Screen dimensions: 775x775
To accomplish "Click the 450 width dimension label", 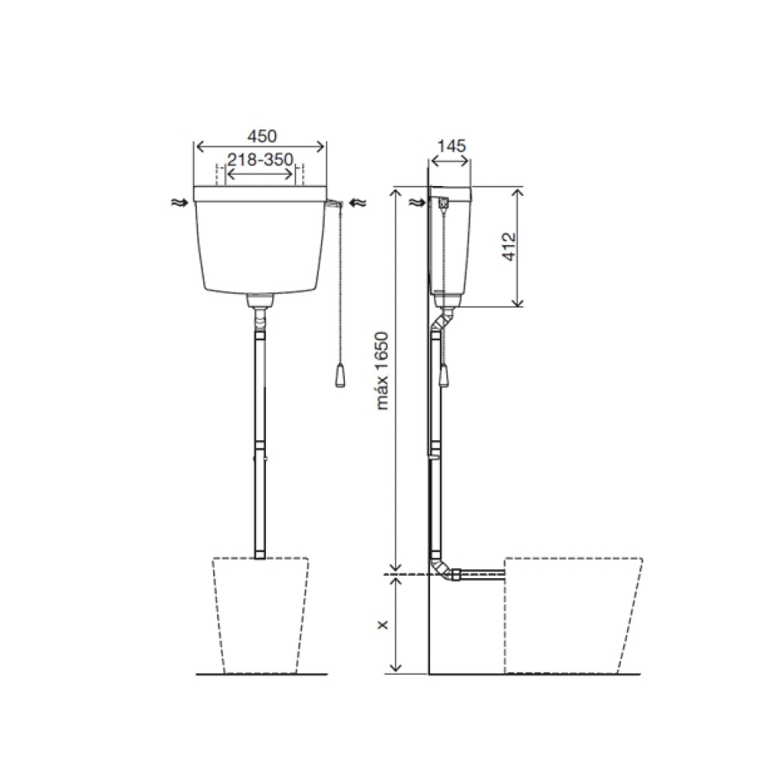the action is coord(262,136).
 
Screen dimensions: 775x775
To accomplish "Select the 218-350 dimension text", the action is coord(260,159).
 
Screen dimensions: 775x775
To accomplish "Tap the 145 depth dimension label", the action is coord(451,146).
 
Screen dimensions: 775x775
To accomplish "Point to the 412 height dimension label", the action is coord(508,246).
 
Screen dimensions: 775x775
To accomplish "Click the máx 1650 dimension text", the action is coord(382,370).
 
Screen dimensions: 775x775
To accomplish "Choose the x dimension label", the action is coord(382,625).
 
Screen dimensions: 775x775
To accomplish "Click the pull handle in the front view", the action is coord(339,377).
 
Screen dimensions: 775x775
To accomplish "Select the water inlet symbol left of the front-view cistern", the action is coord(180,201).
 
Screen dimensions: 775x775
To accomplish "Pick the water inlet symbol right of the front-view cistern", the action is coord(358,202).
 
